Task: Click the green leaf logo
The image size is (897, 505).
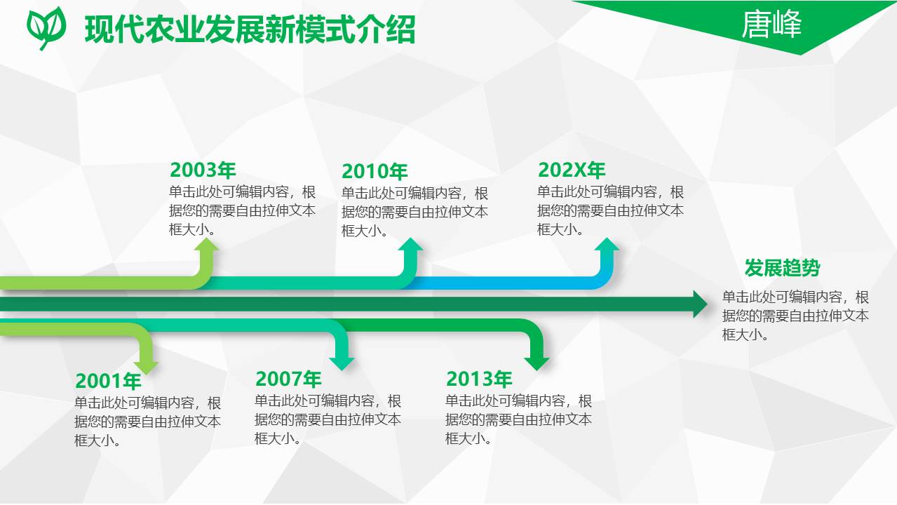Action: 46,27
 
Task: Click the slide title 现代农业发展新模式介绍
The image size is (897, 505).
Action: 250,30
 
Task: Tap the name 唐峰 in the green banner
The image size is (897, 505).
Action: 771,25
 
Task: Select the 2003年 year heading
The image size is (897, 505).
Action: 203,170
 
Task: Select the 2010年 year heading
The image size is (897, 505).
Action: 375,172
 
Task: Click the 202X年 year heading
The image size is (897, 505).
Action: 571,170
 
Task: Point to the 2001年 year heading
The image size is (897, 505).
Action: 108,382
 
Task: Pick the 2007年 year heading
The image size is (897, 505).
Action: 288,379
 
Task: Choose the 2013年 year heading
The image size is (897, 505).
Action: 479,379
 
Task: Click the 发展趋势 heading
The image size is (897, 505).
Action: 782,268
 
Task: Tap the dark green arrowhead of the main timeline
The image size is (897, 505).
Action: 700,304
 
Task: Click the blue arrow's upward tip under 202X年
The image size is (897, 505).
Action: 607,244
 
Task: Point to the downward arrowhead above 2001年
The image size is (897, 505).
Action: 147,366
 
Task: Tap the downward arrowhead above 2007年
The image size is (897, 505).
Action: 342,363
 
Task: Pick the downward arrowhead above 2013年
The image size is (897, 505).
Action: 537,363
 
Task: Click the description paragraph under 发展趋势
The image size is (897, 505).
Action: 795,316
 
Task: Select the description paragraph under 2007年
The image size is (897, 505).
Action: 328,419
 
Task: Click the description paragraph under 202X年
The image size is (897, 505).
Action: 610,210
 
